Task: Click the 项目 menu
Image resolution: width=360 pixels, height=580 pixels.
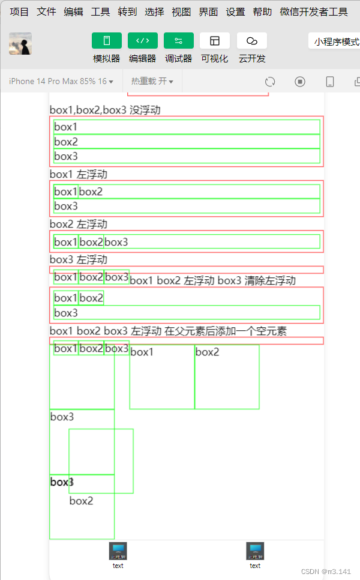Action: [19, 11]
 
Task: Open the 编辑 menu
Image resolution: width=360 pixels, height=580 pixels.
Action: [73, 11]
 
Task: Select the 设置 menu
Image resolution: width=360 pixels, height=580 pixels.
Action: [235, 11]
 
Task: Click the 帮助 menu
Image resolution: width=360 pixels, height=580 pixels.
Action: [262, 11]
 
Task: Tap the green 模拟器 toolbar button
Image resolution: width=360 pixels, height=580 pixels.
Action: [107, 41]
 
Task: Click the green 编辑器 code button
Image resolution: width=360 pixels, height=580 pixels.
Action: [143, 41]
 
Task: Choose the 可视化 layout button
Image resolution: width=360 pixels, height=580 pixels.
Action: [214, 41]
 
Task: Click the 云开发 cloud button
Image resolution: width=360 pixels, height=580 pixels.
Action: [252, 41]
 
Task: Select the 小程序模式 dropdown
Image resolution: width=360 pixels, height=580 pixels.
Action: [336, 42]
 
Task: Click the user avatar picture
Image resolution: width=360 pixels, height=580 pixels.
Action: [20, 44]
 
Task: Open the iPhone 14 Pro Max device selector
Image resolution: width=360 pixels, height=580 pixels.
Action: [61, 81]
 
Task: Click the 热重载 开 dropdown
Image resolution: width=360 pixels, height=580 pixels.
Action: [152, 81]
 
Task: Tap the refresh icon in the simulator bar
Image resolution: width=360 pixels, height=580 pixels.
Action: [270, 82]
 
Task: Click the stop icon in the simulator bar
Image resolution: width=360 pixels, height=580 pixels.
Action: [300, 82]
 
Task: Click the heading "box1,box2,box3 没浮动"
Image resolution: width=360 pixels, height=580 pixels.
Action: [105, 110]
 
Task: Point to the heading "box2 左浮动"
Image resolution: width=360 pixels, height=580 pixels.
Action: [79, 224]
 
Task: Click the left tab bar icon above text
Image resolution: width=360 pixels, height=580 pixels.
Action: [118, 551]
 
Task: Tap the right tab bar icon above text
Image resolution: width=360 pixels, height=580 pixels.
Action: [255, 551]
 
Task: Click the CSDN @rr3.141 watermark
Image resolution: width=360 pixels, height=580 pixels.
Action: [326, 572]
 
